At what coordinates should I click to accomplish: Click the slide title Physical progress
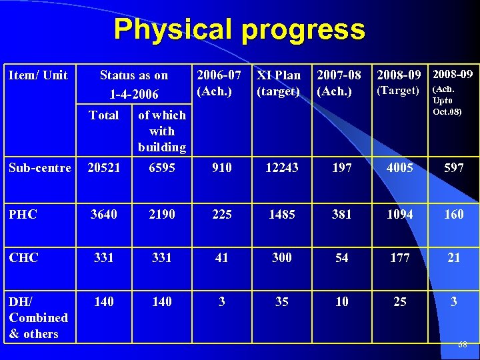(239, 30)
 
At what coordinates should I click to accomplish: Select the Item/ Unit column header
(38, 75)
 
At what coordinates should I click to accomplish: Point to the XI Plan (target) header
(279, 83)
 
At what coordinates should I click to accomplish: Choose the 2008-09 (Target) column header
(399, 82)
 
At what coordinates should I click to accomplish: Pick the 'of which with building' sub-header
(161, 131)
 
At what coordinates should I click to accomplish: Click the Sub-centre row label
(40, 168)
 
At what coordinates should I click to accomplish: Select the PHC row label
(23, 215)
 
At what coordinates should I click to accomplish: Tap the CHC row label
(23, 258)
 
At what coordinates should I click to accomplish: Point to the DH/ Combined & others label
(39, 317)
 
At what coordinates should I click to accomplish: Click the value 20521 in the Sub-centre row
(104, 168)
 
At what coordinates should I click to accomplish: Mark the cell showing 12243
(282, 168)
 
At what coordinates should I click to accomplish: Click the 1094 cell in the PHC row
(400, 215)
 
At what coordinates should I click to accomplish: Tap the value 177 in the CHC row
(400, 258)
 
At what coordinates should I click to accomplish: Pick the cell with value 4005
(400, 168)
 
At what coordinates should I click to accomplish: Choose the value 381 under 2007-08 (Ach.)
(342, 215)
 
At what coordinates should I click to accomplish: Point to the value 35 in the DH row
(282, 302)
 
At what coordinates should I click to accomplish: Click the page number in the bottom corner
(463, 345)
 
